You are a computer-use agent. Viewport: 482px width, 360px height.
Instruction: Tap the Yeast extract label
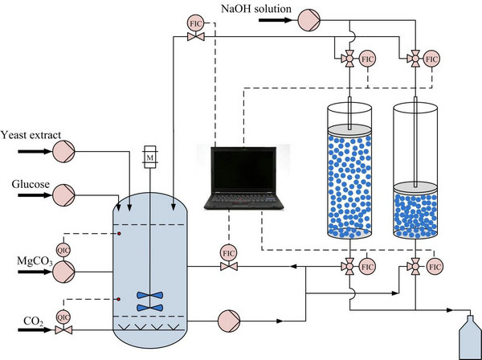tap(31, 134)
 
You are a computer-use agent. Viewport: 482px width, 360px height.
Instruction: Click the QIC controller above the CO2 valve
tap(63, 317)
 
